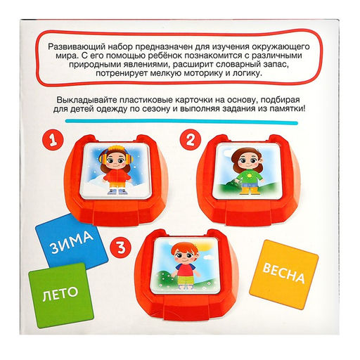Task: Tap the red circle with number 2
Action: (x=191, y=140)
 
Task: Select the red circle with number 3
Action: (x=121, y=247)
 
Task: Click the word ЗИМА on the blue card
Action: (x=72, y=243)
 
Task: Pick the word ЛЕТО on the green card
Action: (x=60, y=293)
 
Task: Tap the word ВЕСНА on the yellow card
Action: (x=283, y=273)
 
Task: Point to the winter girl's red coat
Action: (x=117, y=175)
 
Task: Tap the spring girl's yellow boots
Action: (x=250, y=191)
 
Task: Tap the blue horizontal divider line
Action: (x=181, y=122)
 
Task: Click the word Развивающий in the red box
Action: (x=76, y=47)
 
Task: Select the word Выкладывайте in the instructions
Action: (x=86, y=101)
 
